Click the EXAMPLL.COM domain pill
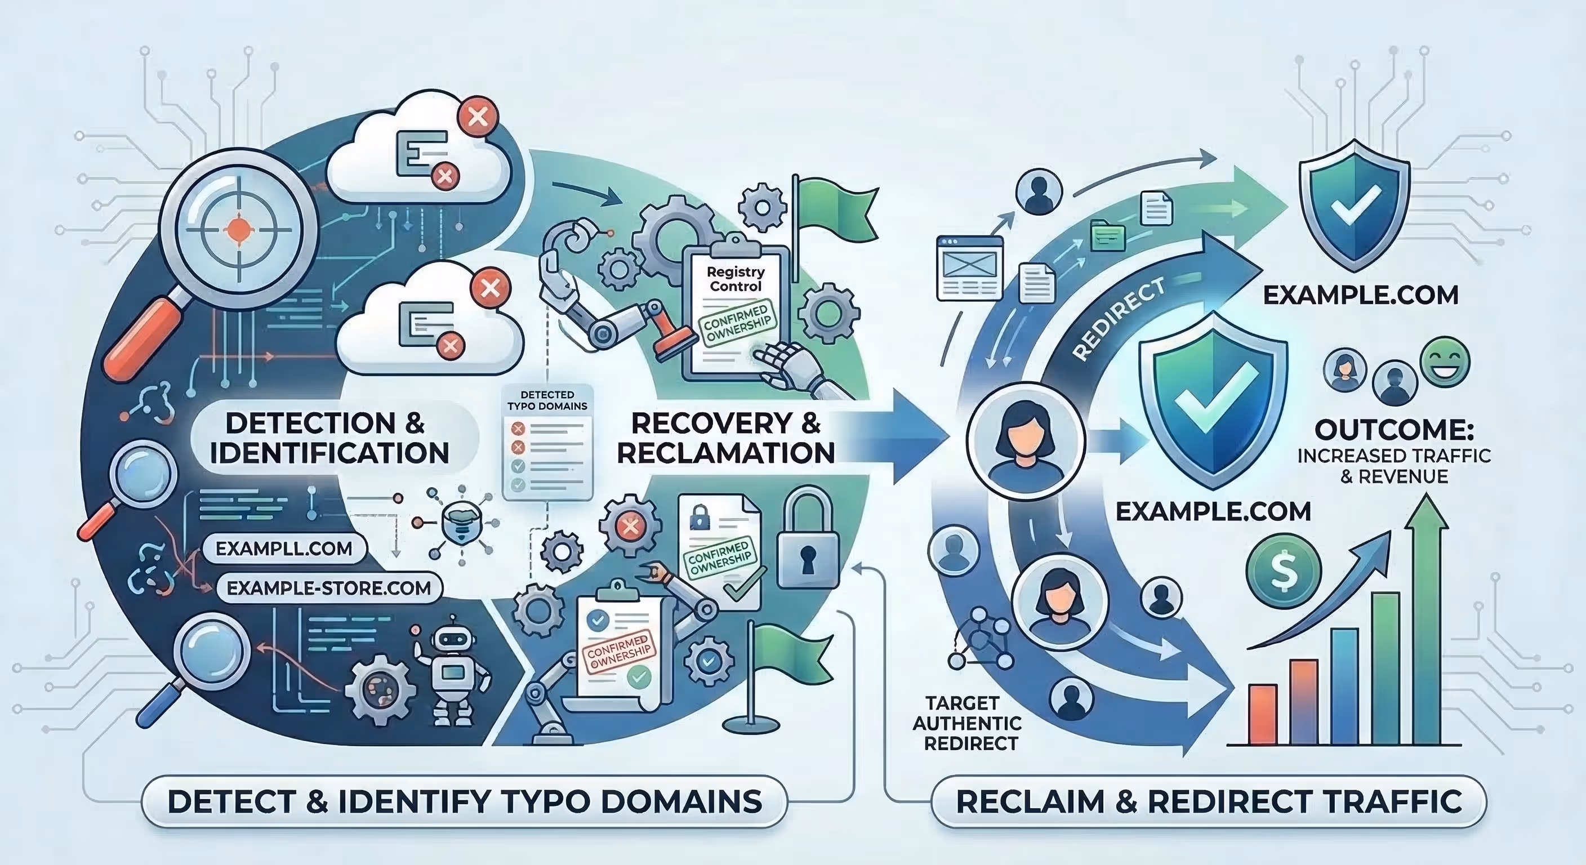[x=283, y=549]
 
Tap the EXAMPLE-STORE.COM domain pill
[x=329, y=588]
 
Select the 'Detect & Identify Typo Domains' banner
[x=464, y=801]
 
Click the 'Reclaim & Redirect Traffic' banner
[x=1209, y=801]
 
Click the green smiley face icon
[x=1445, y=362]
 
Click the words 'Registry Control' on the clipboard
[x=736, y=279]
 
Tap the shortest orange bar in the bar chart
[x=1262, y=714]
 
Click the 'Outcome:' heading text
[x=1394, y=430]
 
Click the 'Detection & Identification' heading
[x=329, y=438]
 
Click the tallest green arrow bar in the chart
[x=1430, y=622]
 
